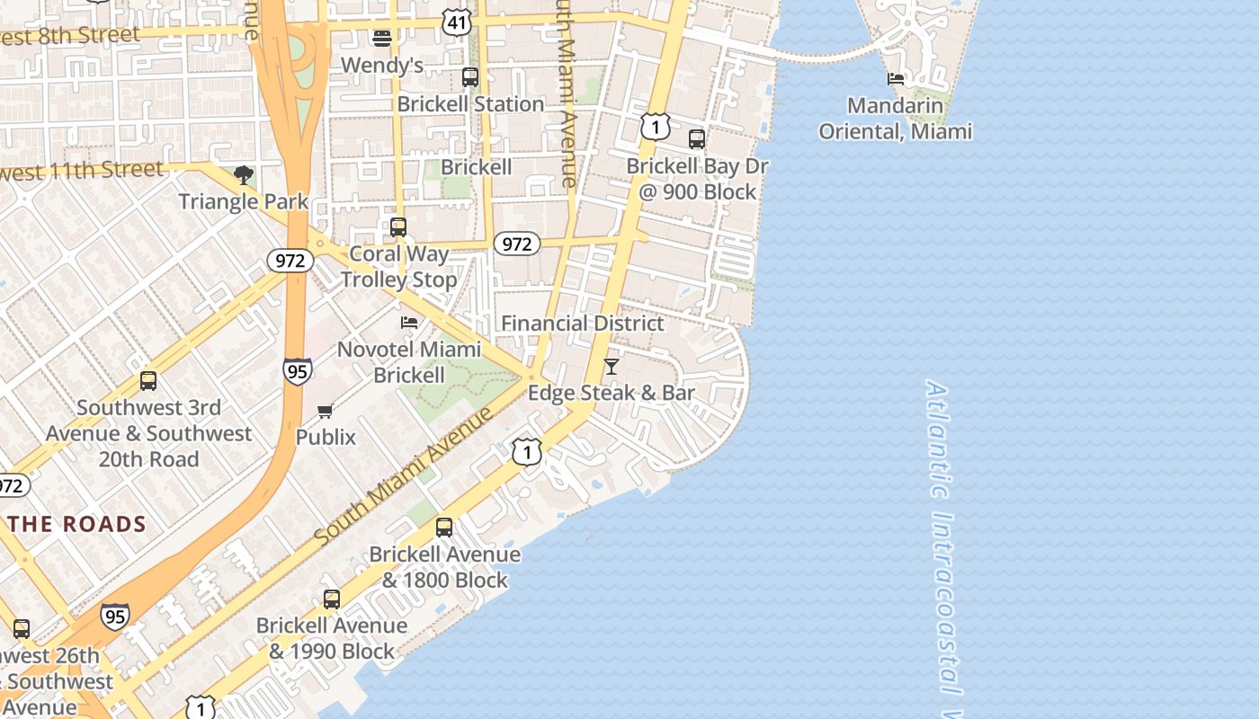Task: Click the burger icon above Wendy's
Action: click(x=381, y=38)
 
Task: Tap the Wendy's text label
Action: click(x=381, y=65)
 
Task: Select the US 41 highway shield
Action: click(x=457, y=22)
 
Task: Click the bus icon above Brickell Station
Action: click(x=470, y=77)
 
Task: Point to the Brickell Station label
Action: click(x=470, y=104)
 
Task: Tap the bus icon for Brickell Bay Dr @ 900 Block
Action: click(x=697, y=139)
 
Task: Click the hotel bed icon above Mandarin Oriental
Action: click(x=896, y=79)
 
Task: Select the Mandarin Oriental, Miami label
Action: click(x=895, y=119)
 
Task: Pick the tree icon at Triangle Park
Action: click(x=243, y=174)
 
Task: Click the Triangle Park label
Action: click(x=243, y=201)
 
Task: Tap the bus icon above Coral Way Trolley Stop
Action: click(x=398, y=227)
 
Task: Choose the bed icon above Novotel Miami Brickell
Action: click(x=409, y=322)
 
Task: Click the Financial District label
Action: click(x=582, y=324)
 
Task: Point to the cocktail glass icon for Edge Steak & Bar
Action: click(x=612, y=366)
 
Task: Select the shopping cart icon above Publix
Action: click(x=326, y=411)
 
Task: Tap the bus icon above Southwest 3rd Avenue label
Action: click(x=148, y=381)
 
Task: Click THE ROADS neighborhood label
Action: click(x=76, y=524)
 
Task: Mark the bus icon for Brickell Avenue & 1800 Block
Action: click(x=444, y=528)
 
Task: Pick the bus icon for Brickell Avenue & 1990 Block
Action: click(x=332, y=599)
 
